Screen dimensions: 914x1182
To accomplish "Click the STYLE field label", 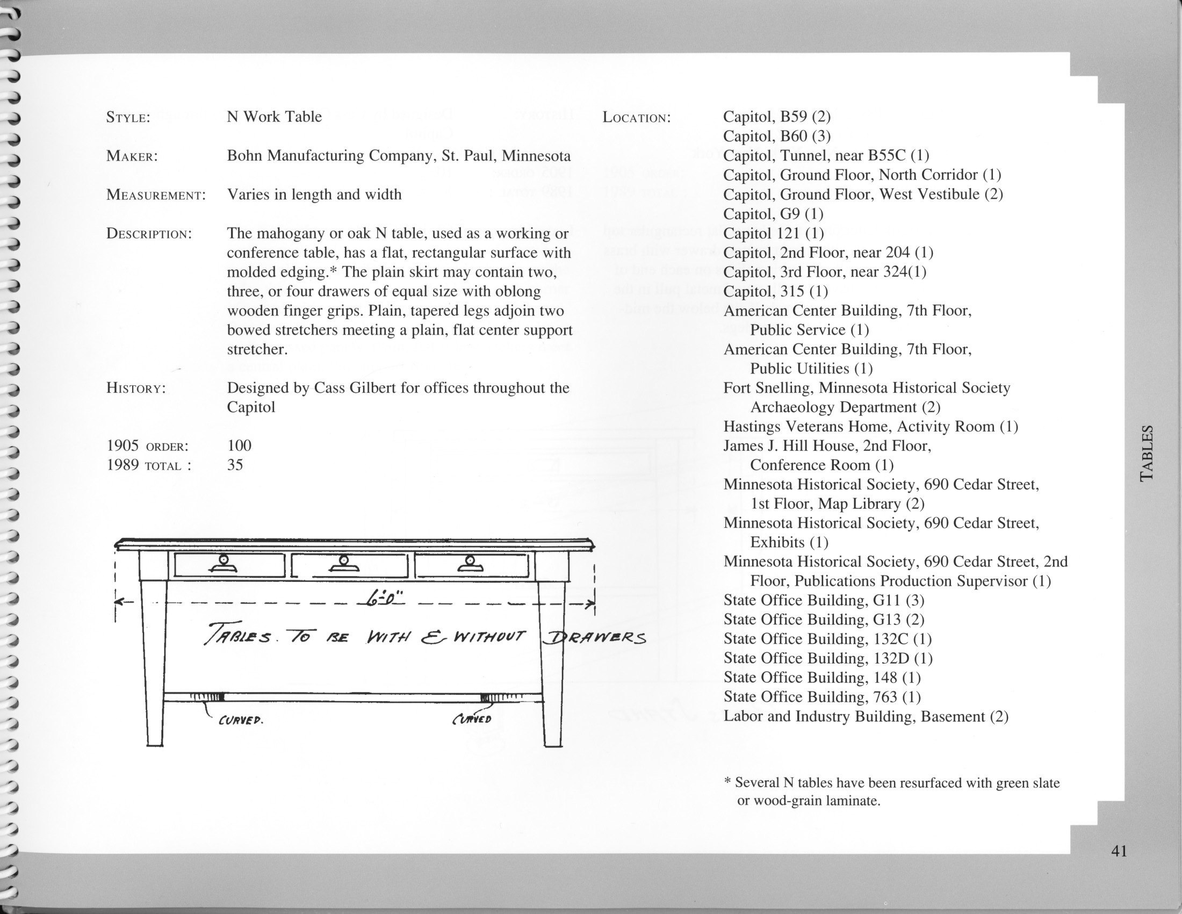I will [x=128, y=118].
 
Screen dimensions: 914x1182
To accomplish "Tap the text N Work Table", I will [x=274, y=117].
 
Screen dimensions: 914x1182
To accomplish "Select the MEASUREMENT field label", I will [x=156, y=195].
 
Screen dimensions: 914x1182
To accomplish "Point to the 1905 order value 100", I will [x=239, y=446].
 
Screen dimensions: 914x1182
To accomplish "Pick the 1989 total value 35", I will [x=235, y=465].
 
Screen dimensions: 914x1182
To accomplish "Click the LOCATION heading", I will [x=637, y=118].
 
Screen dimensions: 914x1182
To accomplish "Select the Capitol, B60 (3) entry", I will [x=777, y=136].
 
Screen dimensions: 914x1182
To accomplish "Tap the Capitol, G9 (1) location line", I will [x=773, y=214].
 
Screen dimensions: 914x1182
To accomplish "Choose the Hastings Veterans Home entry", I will [x=870, y=427].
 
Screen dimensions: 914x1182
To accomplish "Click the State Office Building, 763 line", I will [x=821, y=697].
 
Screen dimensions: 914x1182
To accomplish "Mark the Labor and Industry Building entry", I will [x=866, y=716].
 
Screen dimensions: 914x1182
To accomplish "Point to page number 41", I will [x=1119, y=851].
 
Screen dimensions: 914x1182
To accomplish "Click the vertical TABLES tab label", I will [x=1147, y=454].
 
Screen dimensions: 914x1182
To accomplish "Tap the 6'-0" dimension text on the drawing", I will [x=385, y=600].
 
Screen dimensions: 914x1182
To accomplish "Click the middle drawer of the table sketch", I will [x=349, y=565].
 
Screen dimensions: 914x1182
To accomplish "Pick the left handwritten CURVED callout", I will [x=240, y=721].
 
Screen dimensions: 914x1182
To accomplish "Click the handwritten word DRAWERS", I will [x=594, y=638].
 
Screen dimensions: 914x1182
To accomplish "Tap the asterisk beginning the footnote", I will [x=727, y=782].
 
